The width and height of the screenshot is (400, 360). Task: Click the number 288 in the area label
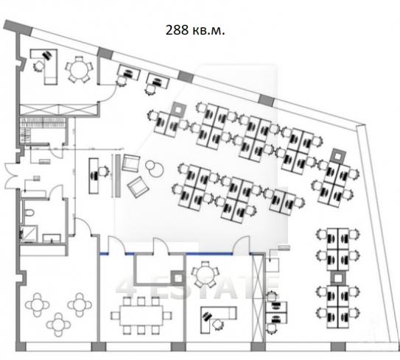pos(177,30)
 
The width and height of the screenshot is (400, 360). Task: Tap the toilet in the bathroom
pos(29,212)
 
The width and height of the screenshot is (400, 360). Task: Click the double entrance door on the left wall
pos(11,176)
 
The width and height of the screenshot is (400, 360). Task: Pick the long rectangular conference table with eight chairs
pos(141,316)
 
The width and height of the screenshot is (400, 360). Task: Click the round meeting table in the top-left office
pos(78,70)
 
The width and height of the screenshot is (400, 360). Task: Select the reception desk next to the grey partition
pos(94,175)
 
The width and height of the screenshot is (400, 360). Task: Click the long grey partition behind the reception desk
pos(118,175)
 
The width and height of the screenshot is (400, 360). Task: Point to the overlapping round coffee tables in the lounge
pos(155,169)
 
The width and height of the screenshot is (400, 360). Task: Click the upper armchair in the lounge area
pos(131,163)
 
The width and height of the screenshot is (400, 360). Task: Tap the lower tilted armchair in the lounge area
pos(138,186)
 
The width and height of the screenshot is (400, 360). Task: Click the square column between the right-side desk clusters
pos(339,277)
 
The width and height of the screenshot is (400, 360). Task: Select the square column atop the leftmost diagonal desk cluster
pos(178,109)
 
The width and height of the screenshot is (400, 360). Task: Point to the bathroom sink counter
pos(52,239)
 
